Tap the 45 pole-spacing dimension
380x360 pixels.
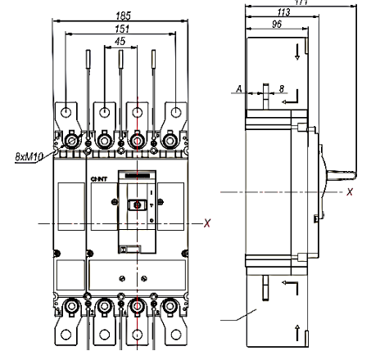pos(120,41)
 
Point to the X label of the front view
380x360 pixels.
pos(207,222)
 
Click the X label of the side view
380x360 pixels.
pos(350,192)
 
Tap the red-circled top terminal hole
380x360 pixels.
pos(138,110)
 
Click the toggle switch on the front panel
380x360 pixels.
pos(138,204)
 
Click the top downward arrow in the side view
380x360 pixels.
pos(295,52)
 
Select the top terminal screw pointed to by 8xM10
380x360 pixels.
pos(71,141)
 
